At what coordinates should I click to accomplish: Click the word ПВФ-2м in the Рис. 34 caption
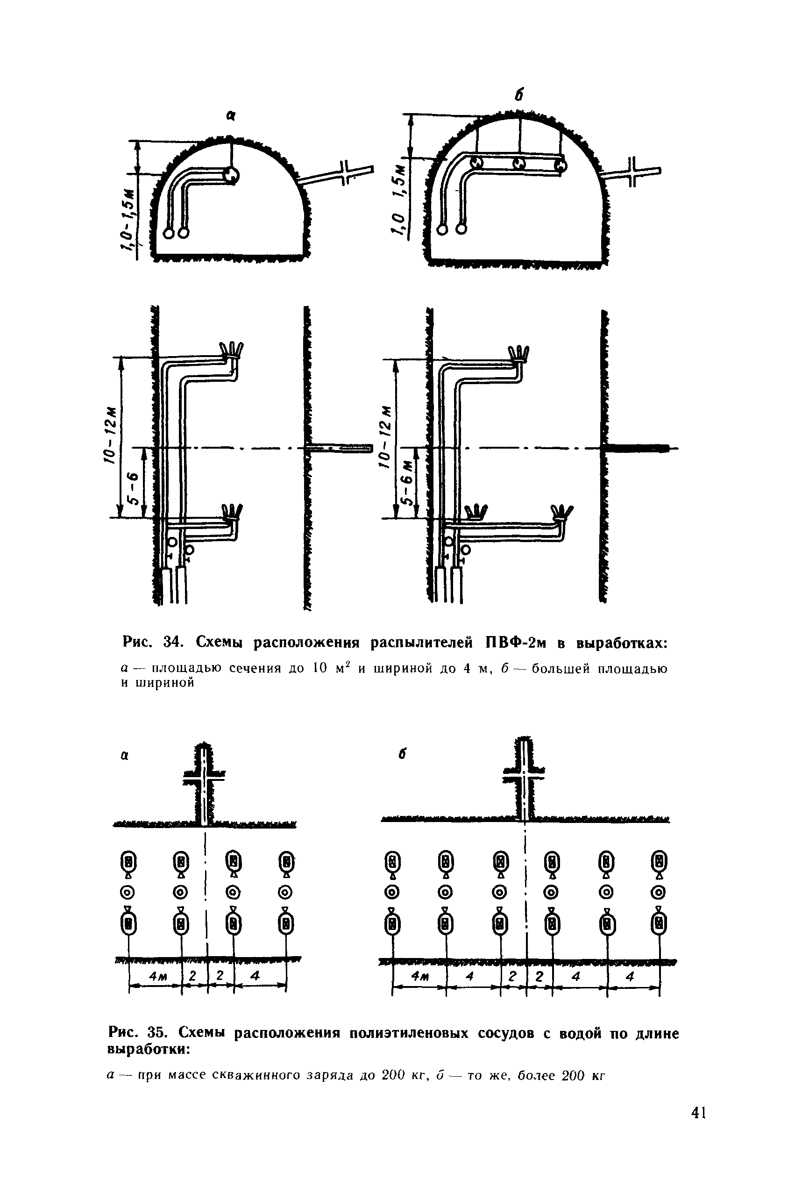pyautogui.click(x=516, y=643)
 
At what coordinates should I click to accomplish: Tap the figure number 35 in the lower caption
pyautogui.click(x=161, y=1032)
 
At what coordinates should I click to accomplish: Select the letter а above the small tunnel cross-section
pyautogui.click(x=231, y=116)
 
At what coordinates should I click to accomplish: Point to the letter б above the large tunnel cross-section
pyautogui.click(x=518, y=95)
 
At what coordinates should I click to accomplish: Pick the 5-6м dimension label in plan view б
pyautogui.click(x=407, y=482)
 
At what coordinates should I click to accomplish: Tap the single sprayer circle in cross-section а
pyautogui.click(x=231, y=176)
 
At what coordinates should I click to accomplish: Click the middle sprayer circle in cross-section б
pyautogui.click(x=518, y=163)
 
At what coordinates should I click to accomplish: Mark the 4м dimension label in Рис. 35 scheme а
pyautogui.click(x=156, y=975)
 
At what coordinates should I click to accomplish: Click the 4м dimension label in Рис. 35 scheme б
pyautogui.click(x=419, y=975)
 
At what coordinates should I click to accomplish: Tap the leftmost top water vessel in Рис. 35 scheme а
pyautogui.click(x=129, y=861)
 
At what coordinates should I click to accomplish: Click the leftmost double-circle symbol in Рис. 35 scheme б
pyautogui.click(x=392, y=892)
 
